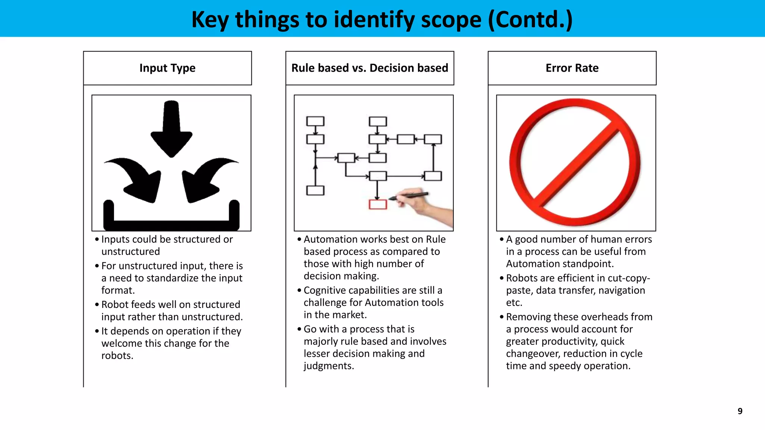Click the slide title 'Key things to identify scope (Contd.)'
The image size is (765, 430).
point(382,19)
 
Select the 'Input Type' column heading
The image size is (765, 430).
point(167,68)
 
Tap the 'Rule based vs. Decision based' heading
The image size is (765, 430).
point(369,68)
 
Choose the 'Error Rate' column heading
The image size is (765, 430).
point(572,68)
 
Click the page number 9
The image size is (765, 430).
point(740,411)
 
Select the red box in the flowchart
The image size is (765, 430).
point(378,205)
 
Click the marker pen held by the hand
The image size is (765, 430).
point(409,195)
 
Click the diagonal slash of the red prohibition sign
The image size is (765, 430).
point(575,164)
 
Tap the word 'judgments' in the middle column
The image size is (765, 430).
point(328,366)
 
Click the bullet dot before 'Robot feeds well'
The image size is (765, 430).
point(97,305)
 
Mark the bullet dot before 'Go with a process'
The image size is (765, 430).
point(299,329)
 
